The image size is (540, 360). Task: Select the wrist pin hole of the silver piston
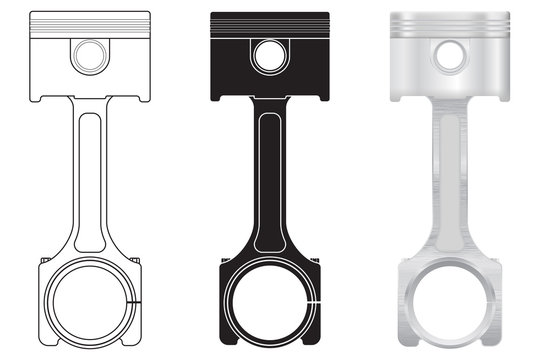coord(449,57)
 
